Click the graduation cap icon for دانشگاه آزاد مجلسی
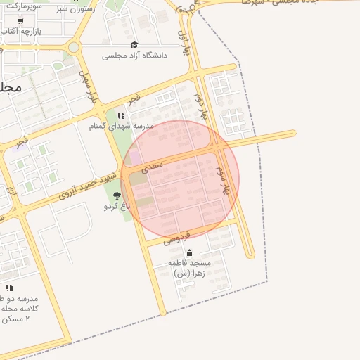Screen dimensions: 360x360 (x=134, y=44)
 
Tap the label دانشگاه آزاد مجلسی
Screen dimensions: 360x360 (x=134, y=55)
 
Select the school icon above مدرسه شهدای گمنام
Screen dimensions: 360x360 (x=121, y=115)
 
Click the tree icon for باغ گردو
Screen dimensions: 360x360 (x=117, y=195)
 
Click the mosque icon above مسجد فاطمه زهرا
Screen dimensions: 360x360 (x=189, y=252)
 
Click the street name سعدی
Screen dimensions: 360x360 (x=152, y=166)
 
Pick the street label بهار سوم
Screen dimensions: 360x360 (x=224, y=180)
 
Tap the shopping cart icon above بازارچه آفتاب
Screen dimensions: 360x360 (x=20, y=21)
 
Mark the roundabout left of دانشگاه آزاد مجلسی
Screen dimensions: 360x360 (x=73, y=48)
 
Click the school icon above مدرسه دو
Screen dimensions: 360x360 (x=9, y=288)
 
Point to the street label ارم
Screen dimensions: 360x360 (x=11, y=191)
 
